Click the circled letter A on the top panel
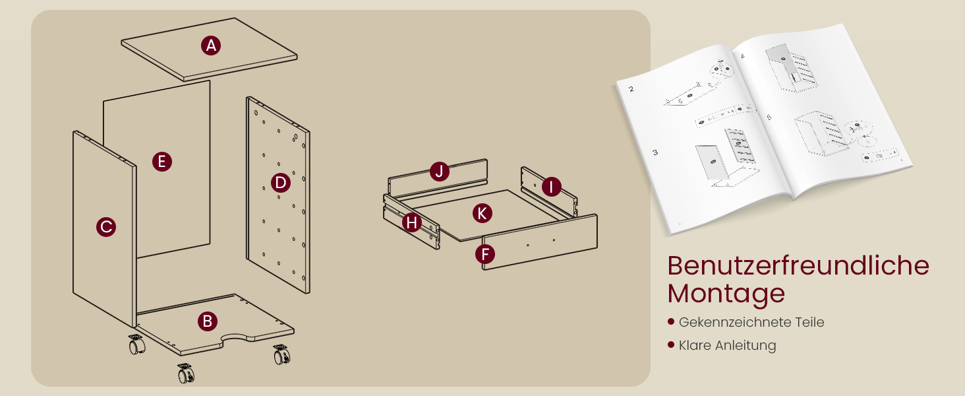click(211, 46)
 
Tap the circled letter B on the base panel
click(207, 321)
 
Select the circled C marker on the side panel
click(106, 227)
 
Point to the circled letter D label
click(280, 182)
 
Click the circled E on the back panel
click(162, 162)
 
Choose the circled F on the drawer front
click(485, 254)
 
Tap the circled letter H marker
click(412, 222)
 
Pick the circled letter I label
click(551, 187)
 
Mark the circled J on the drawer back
click(440, 171)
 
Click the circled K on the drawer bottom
click(482, 213)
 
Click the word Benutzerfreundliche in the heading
click(798, 265)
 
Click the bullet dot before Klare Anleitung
click(671, 345)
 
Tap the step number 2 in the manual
click(631, 89)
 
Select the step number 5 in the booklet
click(769, 117)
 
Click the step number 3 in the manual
click(655, 152)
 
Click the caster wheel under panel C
click(137, 345)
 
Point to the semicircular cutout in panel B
click(236, 337)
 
